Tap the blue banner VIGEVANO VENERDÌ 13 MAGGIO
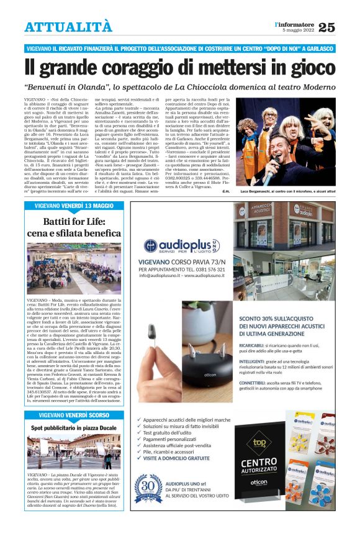point(74,206)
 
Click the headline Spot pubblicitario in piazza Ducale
point(74,428)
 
